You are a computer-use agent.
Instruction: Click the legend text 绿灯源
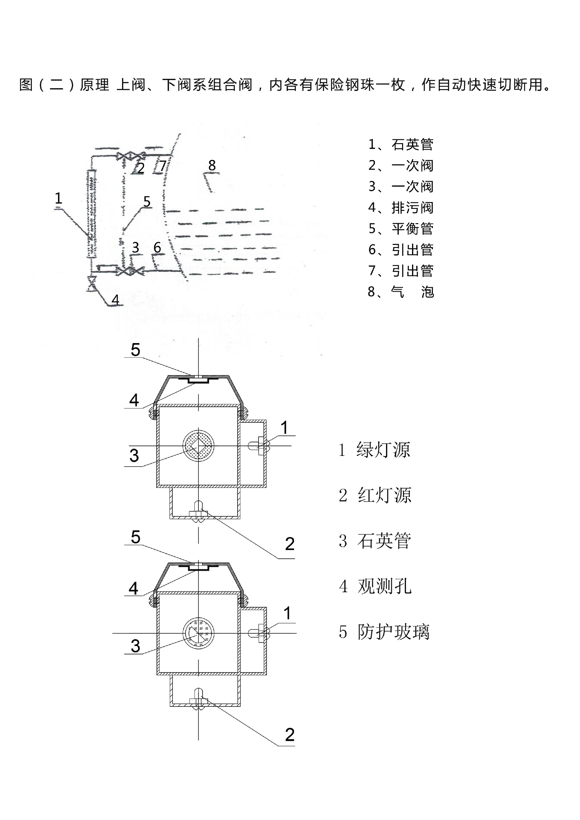click(383, 450)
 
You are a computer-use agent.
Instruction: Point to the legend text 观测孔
click(385, 587)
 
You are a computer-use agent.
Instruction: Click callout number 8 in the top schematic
click(212, 165)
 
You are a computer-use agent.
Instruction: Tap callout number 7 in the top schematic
click(163, 166)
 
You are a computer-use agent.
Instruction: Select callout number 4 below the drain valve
click(115, 300)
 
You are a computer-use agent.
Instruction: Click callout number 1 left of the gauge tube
click(58, 198)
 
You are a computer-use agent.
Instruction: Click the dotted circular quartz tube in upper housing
click(198, 446)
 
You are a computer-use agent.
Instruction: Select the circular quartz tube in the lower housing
click(198, 633)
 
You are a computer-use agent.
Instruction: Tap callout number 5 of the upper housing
click(135, 350)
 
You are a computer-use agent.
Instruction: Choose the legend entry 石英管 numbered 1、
click(401, 144)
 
